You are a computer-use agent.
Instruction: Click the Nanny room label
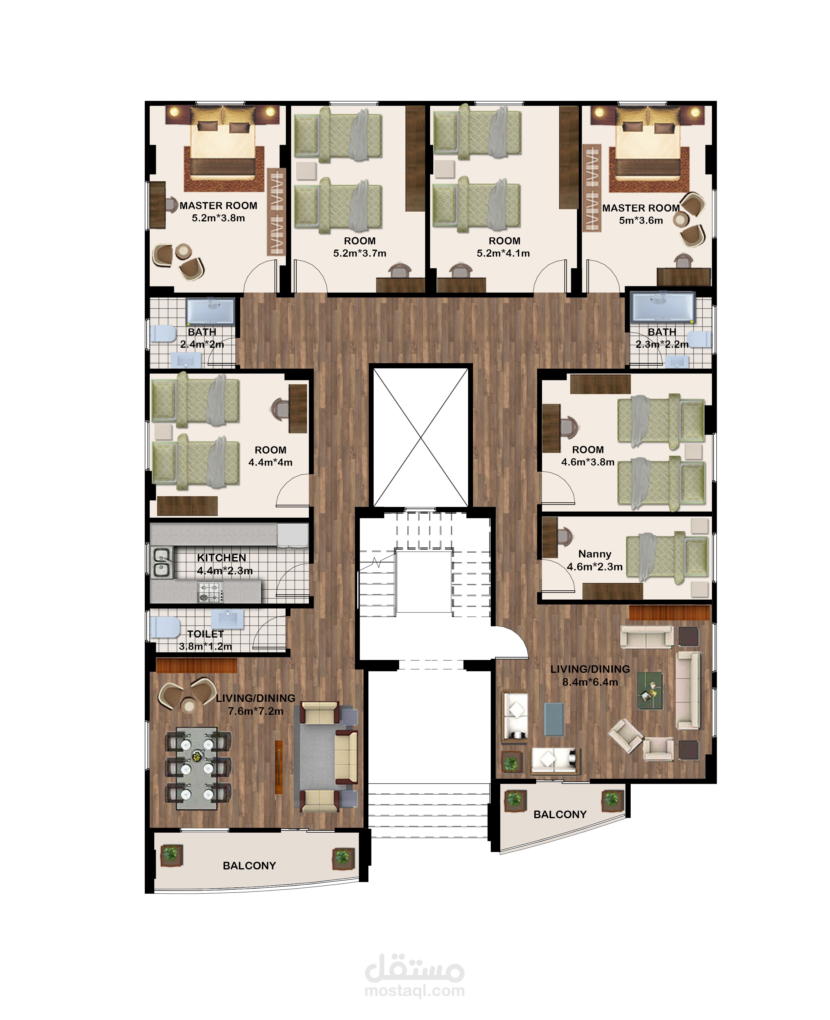(594, 554)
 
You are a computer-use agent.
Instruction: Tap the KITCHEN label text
(221, 558)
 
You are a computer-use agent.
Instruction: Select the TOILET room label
(206, 634)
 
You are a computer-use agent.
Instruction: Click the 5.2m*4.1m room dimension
(503, 253)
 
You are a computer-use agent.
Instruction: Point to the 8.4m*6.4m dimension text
(590, 682)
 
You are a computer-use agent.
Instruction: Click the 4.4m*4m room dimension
(270, 462)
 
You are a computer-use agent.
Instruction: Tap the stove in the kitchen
(211, 592)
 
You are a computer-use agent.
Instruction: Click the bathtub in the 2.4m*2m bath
(210, 311)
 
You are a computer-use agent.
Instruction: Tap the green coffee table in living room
(650, 691)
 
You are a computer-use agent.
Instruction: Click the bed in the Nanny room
(667, 557)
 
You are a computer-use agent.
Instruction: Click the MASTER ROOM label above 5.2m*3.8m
(218, 205)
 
